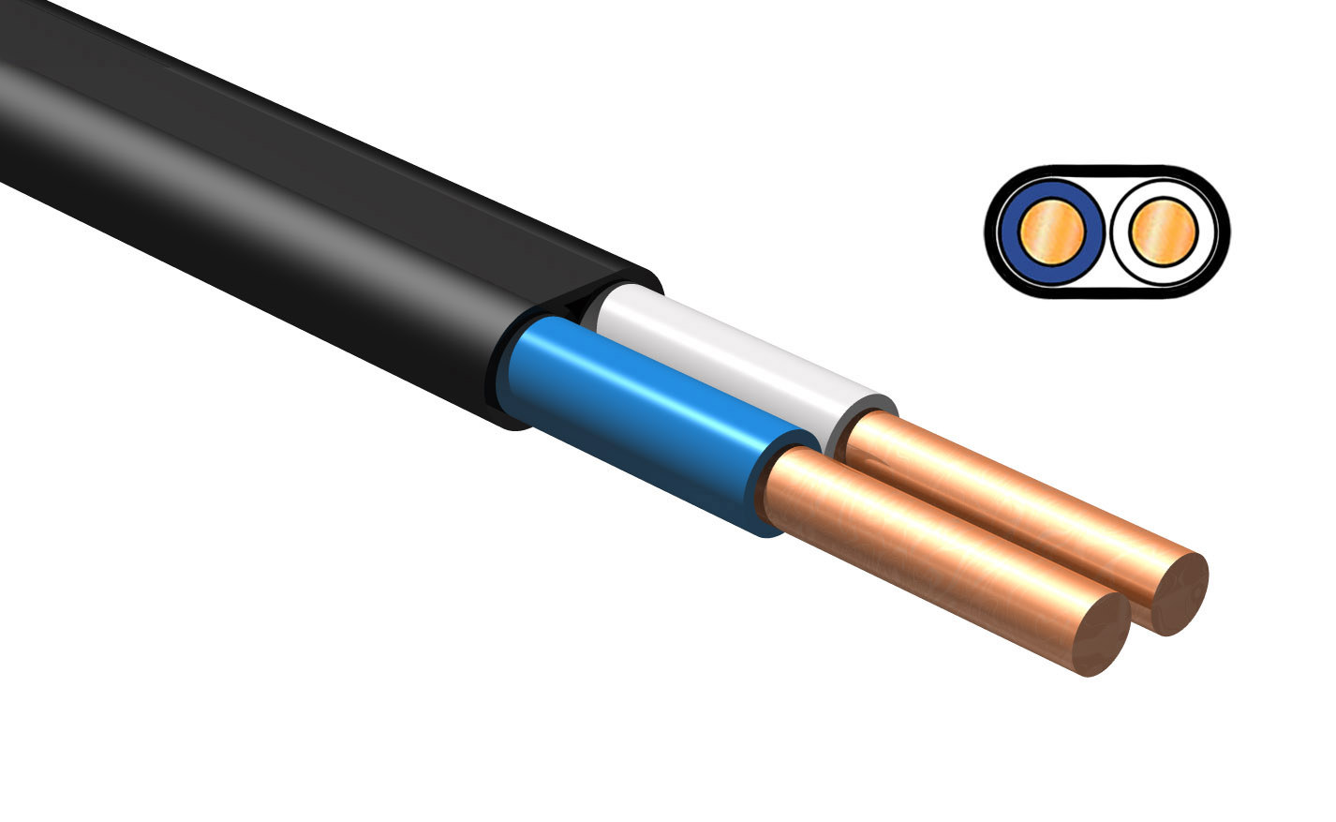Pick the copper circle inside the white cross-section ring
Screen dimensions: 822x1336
tap(1163, 232)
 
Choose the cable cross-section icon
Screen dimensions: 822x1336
tap(1107, 232)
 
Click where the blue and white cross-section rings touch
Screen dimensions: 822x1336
tap(1107, 232)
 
